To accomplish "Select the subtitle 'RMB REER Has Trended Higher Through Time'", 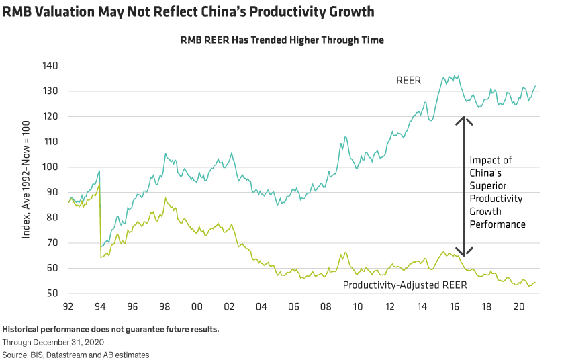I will coord(282,40).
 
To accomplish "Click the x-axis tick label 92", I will coord(68,307).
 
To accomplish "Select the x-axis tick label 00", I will coord(196,307).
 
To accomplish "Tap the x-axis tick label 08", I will coord(325,307).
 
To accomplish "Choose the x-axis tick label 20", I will coord(518,307).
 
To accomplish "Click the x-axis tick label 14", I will coord(422,307).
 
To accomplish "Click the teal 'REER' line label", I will coord(408,81).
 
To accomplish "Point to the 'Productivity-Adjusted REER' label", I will coord(405,285).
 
